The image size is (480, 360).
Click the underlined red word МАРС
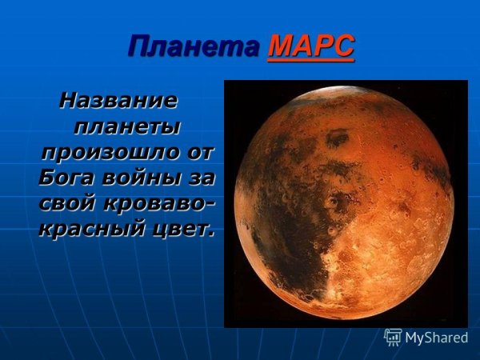coord(311,47)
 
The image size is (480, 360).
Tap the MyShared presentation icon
coord(393,337)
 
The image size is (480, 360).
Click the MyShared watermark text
coord(436,338)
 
